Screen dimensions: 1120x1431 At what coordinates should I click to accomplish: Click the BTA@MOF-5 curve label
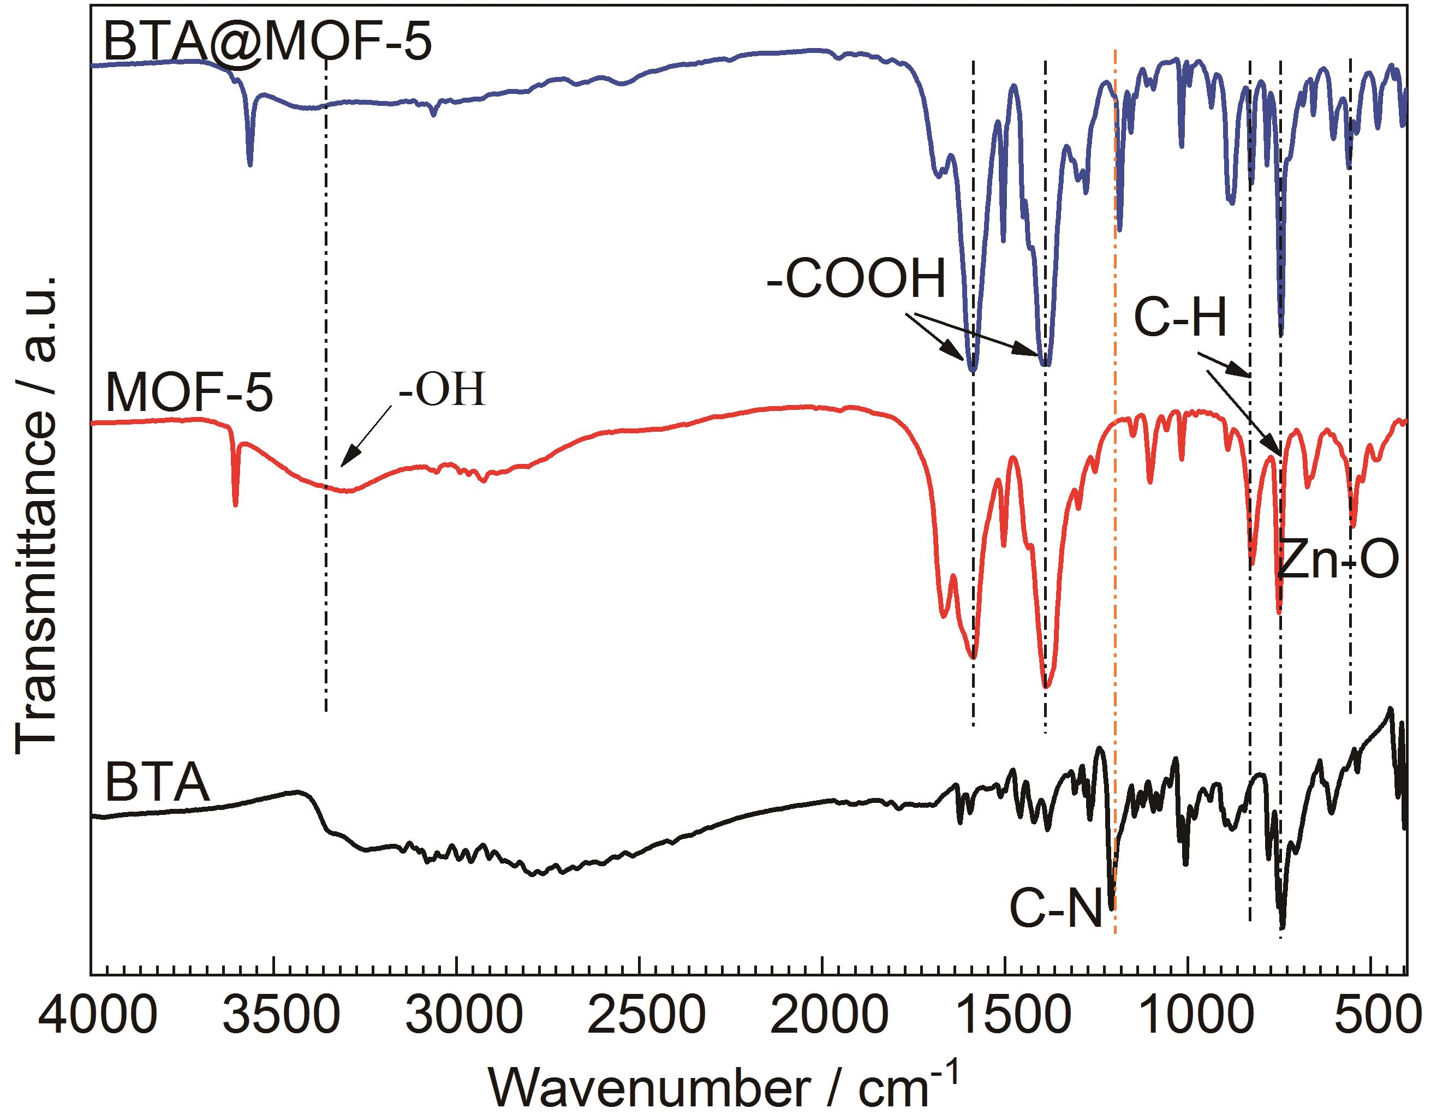click(267, 42)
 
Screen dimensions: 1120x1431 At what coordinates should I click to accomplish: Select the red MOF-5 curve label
click(189, 393)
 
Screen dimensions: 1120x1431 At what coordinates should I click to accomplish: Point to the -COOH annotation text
click(856, 279)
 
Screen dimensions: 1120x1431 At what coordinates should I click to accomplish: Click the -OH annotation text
click(442, 390)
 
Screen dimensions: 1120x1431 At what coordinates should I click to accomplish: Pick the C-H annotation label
click(1180, 318)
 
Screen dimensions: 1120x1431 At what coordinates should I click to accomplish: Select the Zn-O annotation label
click(1338, 560)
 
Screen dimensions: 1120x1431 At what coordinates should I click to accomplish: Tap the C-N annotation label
click(1056, 909)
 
